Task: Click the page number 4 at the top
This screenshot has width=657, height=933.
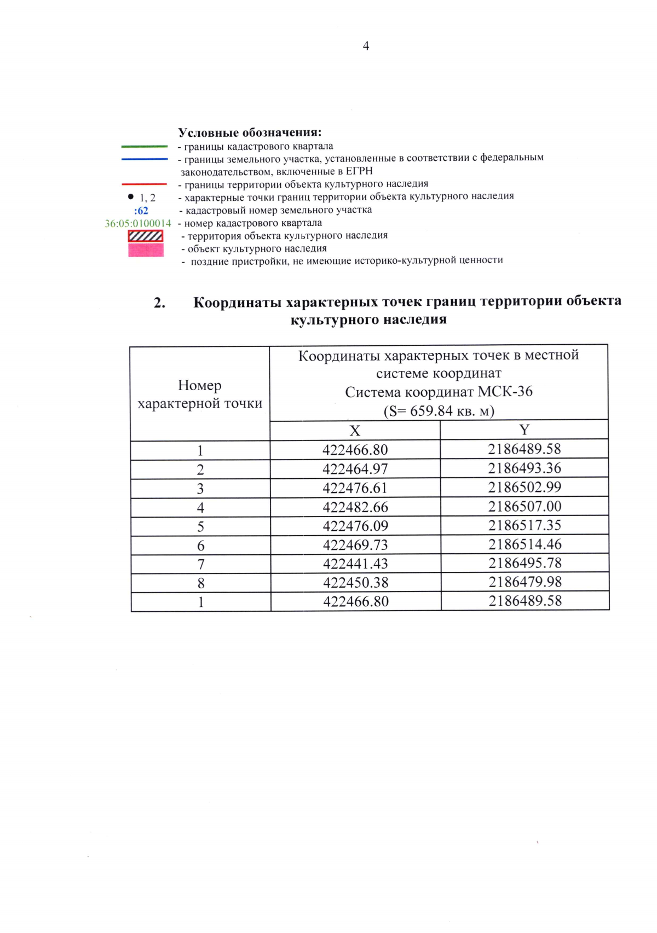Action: (x=366, y=46)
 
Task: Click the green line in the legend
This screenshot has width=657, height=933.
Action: (x=145, y=147)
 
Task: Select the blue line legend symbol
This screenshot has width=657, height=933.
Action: (x=145, y=159)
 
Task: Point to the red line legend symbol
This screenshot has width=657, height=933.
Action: (x=145, y=184)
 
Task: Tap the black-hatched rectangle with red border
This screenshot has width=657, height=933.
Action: (x=146, y=236)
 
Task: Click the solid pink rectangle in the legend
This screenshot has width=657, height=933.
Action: (x=146, y=250)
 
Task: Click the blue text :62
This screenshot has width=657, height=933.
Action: (x=141, y=211)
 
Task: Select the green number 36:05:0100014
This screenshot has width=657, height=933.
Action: (x=138, y=223)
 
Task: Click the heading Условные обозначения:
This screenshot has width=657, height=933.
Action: (x=250, y=132)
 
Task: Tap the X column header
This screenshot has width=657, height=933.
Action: (x=355, y=431)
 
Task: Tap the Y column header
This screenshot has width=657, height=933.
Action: (x=525, y=430)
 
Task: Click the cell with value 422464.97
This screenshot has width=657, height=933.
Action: (x=355, y=469)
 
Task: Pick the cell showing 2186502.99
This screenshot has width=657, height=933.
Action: (x=525, y=487)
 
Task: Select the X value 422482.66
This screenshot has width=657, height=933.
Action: (x=355, y=507)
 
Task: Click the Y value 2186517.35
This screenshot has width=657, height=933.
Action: (x=525, y=525)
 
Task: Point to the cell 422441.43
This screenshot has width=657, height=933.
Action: (x=355, y=564)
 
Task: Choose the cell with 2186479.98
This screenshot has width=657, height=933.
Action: (x=525, y=582)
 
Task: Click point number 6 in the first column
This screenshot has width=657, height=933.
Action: (x=201, y=546)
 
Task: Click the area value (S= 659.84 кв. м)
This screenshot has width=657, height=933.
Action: (x=439, y=411)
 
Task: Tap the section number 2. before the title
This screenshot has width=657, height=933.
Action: (x=159, y=303)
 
